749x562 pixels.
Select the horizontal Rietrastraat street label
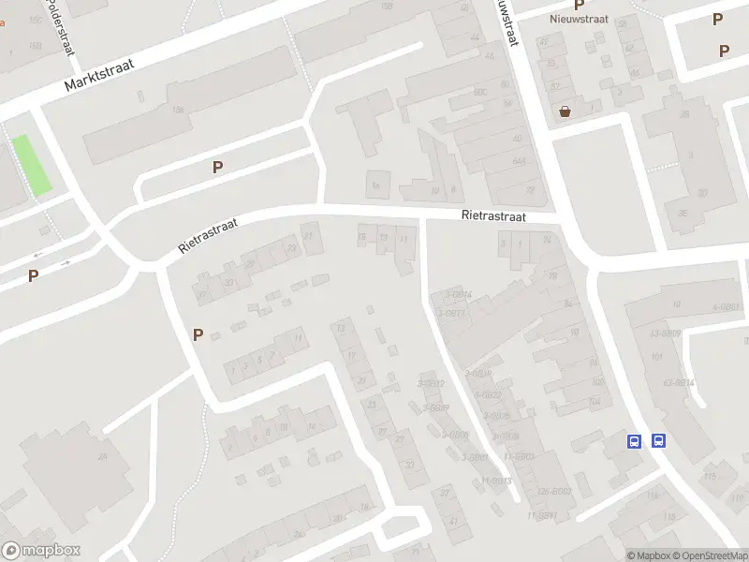pyautogui.click(x=493, y=215)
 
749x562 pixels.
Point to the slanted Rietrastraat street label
pyautogui.click(x=209, y=237)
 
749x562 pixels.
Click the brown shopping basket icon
pyautogui.click(x=565, y=112)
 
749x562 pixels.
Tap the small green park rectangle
pyautogui.click(x=32, y=166)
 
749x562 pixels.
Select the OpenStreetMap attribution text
pyautogui.click(x=709, y=555)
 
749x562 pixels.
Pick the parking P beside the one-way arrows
pyautogui.click(x=33, y=275)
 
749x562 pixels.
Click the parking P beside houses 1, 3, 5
pyautogui.click(x=198, y=333)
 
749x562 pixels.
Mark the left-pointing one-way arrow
pyautogui.click(x=39, y=255)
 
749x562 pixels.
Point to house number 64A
pyautogui.click(x=518, y=161)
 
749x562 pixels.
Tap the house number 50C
pyautogui.click(x=480, y=92)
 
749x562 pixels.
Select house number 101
pyautogui.click(x=656, y=357)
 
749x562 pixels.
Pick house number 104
pyautogui.click(x=595, y=401)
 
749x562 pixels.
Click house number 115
pyautogui.click(x=710, y=477)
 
